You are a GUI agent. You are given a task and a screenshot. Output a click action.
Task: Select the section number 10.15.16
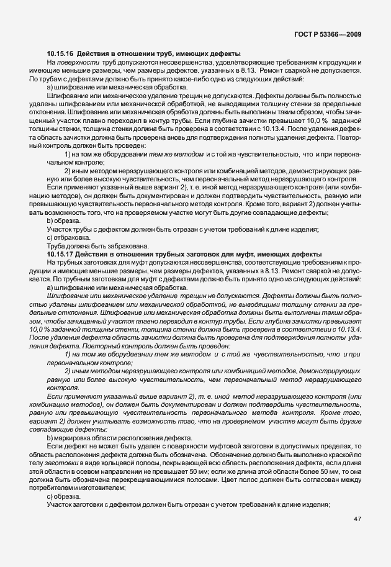click(x=60, y=53)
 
